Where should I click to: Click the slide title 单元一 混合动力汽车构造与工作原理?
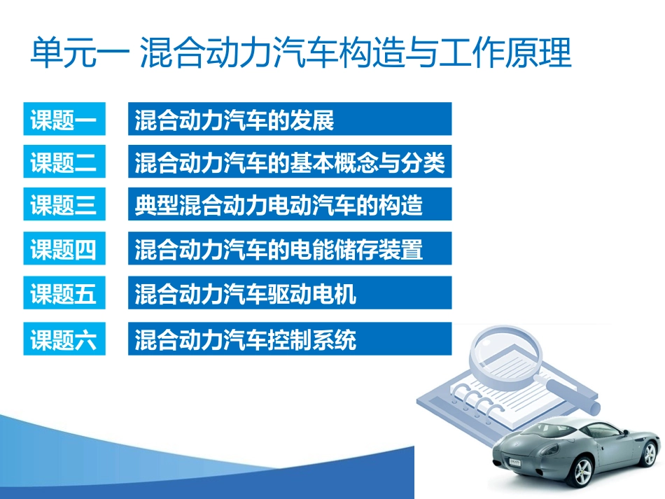pos(301,53)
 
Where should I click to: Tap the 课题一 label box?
pos(64,120)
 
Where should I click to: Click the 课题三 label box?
pos(64,206)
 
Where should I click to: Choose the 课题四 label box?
pos(64,249)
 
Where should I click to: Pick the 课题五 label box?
pos(64,294)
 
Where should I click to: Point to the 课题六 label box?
pos(64,339)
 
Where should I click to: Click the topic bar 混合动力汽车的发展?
pos(289,120)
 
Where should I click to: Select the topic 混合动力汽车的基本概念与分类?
pos(289,163)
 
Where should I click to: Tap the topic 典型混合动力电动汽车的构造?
pos(289,206)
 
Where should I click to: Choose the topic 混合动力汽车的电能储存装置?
pos(289,249)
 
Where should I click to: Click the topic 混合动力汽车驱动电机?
pos(289,294)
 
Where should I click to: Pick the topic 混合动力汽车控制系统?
pos(289,339)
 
